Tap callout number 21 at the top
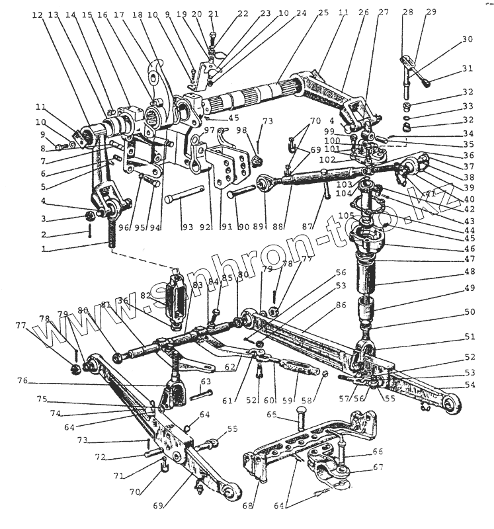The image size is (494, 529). (x=212, y=13)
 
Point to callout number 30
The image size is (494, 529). (x=468, y=39)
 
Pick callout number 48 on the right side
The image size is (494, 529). (x=470, y=271)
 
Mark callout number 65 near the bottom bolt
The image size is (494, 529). (x=271, y=415)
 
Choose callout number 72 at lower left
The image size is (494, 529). (x=100, y=457)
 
